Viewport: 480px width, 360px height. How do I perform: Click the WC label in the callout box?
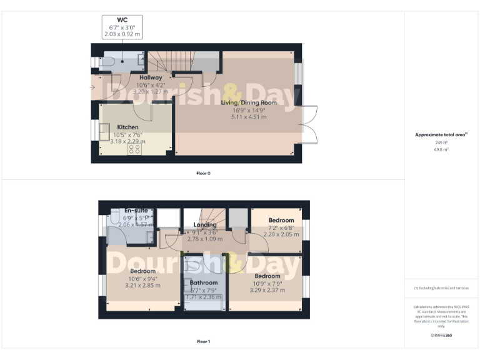[122, 20]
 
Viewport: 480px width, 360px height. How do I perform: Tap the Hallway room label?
[151, 77]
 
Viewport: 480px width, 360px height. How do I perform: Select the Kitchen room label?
[127, 127]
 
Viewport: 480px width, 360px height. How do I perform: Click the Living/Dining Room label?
[249, 102]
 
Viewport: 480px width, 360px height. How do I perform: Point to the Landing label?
[205, 225]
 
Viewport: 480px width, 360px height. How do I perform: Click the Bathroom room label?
[204, 282]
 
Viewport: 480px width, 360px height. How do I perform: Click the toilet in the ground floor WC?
[107, 62]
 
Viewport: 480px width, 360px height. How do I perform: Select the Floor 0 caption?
[202, 172]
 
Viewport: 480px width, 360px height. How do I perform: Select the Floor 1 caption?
[203, 342]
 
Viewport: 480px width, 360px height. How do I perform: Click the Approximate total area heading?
[441, 134]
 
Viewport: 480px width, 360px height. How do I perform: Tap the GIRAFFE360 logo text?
[441, 336]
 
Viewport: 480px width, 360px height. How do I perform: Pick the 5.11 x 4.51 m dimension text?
[249, 117]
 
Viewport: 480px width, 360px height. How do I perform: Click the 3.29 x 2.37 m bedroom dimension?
[267, 290]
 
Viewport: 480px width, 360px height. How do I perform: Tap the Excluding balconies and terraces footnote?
[441, 288]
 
